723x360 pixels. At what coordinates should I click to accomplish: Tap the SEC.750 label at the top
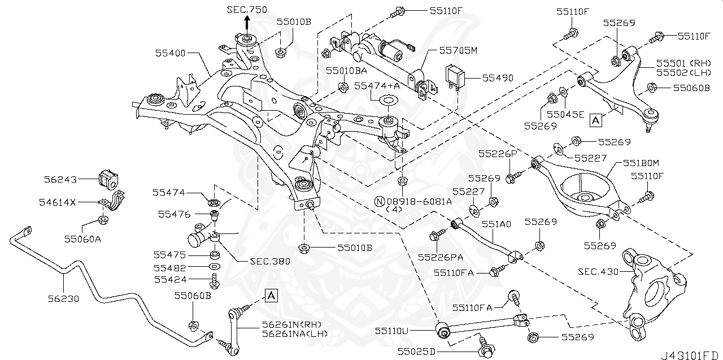pos(247,10)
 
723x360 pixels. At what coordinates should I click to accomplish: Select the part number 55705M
pos(459,50)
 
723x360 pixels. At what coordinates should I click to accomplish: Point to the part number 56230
pos(67,298)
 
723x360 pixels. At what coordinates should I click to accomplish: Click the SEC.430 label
pos(598,271)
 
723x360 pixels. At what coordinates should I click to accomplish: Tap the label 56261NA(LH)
pos(294,334)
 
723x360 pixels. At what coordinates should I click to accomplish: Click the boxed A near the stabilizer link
pos(271,294)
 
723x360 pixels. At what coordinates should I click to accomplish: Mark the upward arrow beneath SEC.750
pos(247,24)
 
